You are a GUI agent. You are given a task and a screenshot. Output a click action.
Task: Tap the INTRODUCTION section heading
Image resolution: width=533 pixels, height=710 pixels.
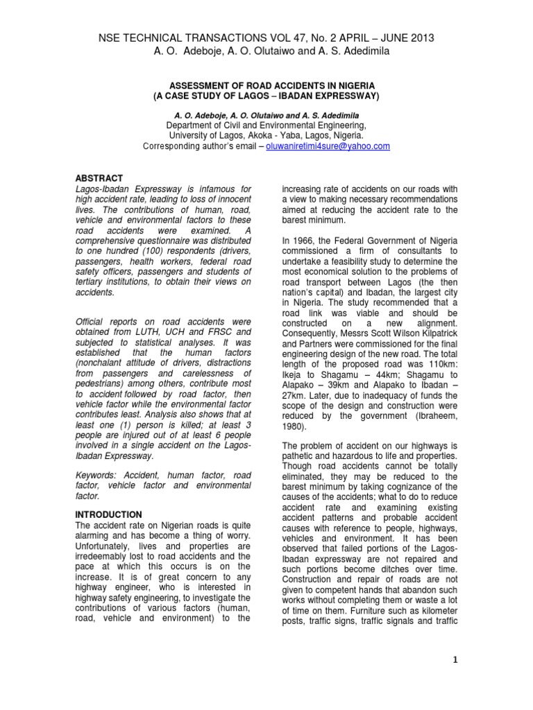click(x=108, y=514)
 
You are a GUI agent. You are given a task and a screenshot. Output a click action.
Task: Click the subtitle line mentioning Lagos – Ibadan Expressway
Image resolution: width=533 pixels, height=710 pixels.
click(x=266, y=95)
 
